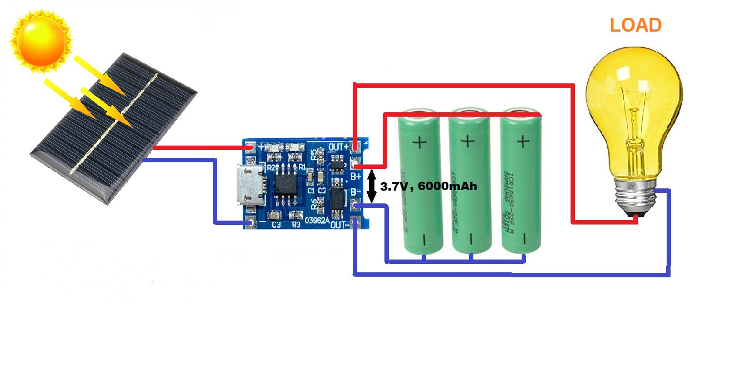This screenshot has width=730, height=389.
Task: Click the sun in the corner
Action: click(x=42, y=40)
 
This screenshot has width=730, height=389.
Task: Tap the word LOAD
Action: click(x=636, y=25)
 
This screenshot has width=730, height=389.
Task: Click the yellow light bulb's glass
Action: click(x=633, y=100)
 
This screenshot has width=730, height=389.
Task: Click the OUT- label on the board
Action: click(x=339, y=225)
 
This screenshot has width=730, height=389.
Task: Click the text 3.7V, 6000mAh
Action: click(x=428, y=187)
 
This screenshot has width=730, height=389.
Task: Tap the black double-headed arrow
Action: click(x=371, y=187)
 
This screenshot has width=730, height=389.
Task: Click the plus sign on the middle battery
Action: click(x=469, y=141)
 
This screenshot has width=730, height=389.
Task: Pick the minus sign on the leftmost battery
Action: click(x=423, y=240)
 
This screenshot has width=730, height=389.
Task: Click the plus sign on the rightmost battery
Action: click(x=522, y=141)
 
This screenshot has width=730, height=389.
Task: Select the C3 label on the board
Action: click(x=276, y=225)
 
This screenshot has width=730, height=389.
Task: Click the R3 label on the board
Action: click(x=296, y=225)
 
